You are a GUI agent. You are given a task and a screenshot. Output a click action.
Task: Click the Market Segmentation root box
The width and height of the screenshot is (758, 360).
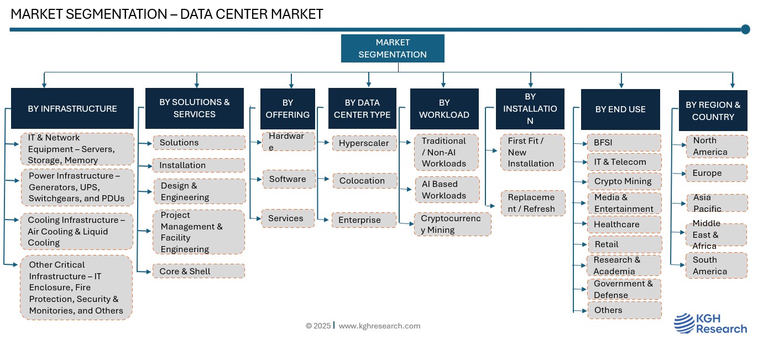pos(393,48)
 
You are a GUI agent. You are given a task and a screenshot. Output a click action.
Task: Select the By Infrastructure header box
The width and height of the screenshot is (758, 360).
pos(72,108)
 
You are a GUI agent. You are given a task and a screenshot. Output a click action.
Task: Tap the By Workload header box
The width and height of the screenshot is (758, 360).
pos(444,108)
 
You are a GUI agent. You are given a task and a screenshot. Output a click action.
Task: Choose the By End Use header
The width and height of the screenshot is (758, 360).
pos(620,109)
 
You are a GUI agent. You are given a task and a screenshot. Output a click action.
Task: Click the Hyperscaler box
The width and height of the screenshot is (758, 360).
pos(364,143)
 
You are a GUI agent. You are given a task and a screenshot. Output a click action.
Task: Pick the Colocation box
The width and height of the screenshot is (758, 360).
pos(364,181)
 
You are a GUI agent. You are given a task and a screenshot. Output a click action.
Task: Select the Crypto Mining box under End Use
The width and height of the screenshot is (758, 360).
pos(624,181)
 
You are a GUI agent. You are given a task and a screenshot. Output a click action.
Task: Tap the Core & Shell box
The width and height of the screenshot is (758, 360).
pos(198,271)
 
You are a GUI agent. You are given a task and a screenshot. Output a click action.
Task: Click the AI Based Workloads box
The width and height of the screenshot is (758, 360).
pos(447,190)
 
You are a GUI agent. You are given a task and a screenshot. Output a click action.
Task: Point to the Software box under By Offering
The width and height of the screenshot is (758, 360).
pos(288,179)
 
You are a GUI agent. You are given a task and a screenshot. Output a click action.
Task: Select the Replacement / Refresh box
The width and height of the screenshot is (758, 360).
pos(532,203)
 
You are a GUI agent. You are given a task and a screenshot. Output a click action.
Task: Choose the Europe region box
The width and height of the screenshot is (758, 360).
pos(716,173)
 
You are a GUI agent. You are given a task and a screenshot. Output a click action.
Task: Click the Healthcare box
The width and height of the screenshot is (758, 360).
pos(624,225)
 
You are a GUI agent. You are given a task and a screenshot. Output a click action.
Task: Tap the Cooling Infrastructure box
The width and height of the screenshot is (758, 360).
pos(77,231)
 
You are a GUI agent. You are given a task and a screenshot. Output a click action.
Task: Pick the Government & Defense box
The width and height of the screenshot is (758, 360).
pos(624,289)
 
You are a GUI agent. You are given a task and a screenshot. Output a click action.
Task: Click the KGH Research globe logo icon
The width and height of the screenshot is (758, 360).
pos(684,324)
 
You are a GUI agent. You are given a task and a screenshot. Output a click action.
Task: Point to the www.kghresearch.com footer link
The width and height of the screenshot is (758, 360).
pos(379,326)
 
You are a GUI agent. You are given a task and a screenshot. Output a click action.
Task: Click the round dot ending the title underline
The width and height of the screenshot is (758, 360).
pos(745,29)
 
